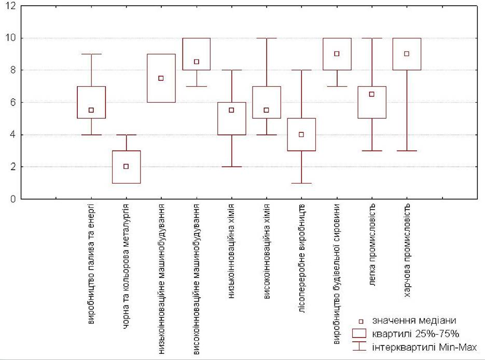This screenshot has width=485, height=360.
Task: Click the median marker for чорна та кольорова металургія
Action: click(126, 167)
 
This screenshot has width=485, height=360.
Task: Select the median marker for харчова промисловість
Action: click(407, 54)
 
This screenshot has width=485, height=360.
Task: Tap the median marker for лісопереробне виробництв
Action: click(301, 134)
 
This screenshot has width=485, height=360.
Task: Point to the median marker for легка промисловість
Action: click(372, 94)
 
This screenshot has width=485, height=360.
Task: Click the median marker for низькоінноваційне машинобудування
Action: click(161, 78)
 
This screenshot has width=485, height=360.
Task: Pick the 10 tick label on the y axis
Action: click(10, 38)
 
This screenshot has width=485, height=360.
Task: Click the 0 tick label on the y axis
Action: click(12, 199)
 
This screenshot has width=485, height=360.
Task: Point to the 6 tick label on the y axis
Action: click(12, 102)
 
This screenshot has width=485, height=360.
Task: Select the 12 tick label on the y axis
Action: click(10, 6)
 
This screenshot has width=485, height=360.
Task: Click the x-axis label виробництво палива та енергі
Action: click(91, 264)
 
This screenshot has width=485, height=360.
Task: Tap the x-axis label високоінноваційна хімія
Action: click(267, 251)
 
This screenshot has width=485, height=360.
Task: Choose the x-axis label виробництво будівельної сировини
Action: click(337, 274)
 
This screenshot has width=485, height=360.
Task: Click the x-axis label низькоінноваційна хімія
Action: click(231, 251)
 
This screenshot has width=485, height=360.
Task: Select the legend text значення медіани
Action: click(414, 321)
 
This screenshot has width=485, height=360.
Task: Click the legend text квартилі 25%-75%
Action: click(415, 334)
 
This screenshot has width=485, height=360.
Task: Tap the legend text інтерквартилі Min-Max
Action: click(424, 347)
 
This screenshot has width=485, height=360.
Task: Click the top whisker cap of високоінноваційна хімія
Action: click(267, 38)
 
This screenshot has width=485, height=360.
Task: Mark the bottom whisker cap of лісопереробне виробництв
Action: click(301, 183)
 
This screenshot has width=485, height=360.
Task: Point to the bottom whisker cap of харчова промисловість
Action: click(407, 150)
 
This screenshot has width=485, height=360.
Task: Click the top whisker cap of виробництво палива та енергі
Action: click(91, 54)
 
